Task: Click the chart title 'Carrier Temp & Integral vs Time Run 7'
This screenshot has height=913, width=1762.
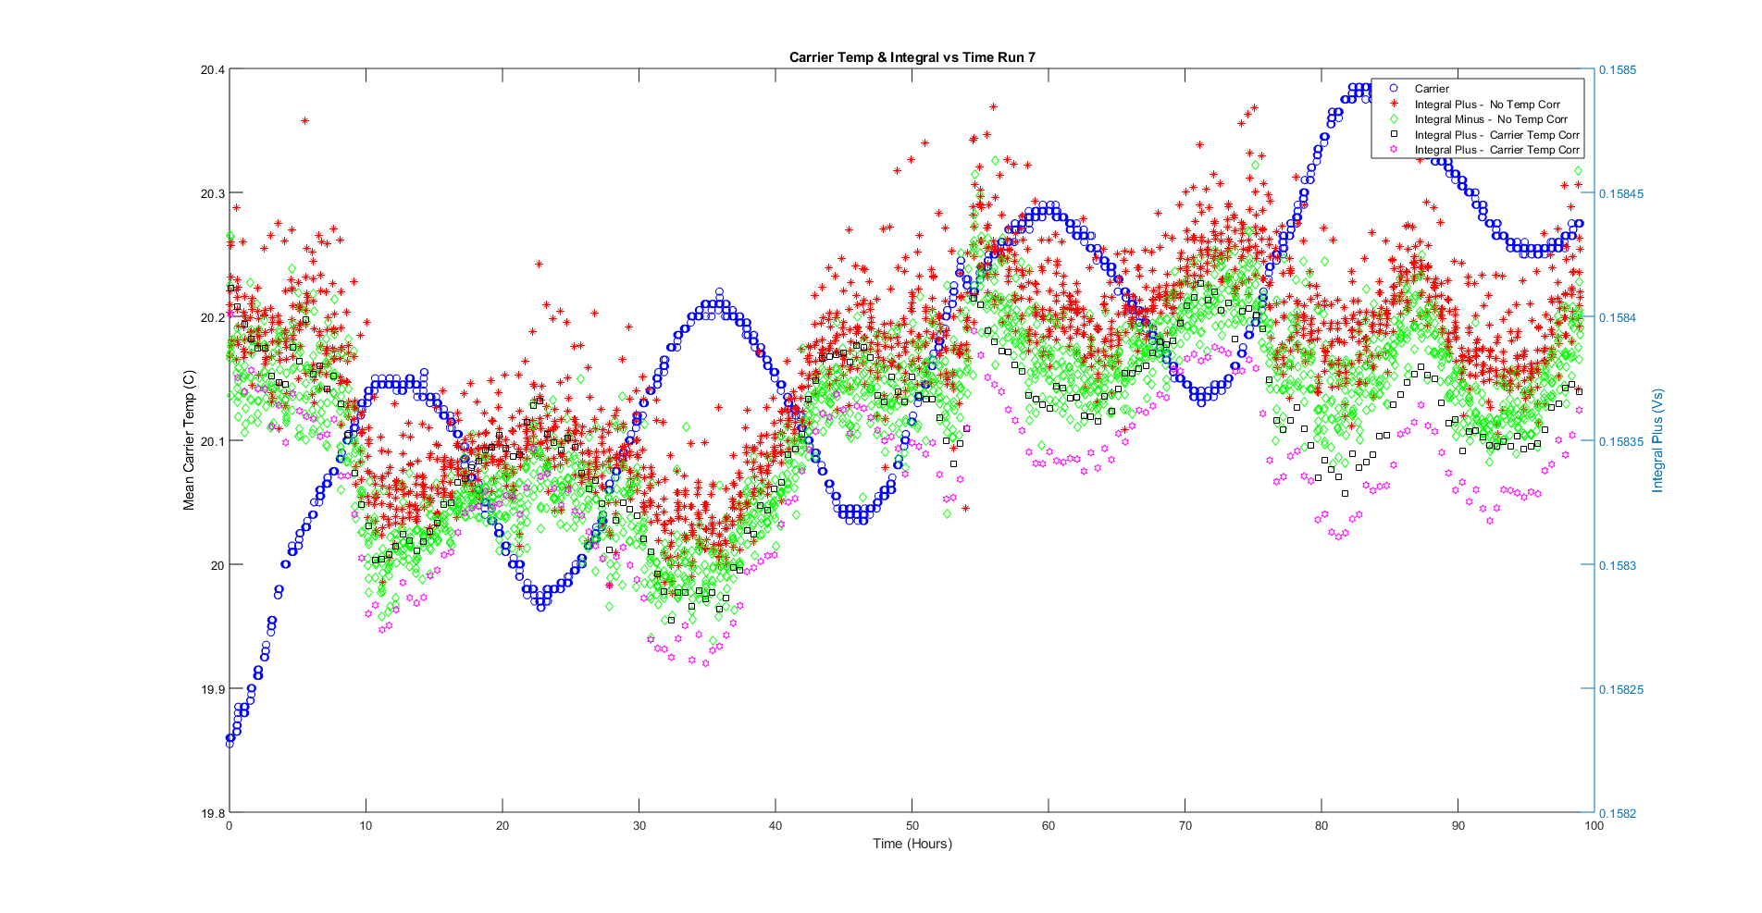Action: [912, 57]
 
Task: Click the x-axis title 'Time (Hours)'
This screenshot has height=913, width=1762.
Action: [912, 844]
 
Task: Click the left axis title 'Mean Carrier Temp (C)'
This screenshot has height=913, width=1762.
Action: [189, 441]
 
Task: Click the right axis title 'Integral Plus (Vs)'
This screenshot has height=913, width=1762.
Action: [1657, 441]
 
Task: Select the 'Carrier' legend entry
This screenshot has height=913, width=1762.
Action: [1432, 89]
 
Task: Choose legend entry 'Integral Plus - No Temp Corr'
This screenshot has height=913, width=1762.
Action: [1486, 105]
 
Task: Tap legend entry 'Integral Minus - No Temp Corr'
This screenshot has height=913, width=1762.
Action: [1490, 119]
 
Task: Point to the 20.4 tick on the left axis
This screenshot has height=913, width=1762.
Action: [212, 70]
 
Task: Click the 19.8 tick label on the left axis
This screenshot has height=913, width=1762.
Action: [212, 813]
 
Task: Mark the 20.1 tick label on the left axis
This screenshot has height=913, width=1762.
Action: [212, 441]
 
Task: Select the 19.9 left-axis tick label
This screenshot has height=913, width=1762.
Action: [212, 689]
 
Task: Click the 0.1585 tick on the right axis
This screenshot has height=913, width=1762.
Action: [1618, 70]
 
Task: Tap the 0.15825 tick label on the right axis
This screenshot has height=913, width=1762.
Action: [1620, 689]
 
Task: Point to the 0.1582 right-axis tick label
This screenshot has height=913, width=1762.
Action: [1618, 813]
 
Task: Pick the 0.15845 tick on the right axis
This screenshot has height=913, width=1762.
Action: [1620, 194]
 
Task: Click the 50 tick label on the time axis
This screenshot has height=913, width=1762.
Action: [912, 826]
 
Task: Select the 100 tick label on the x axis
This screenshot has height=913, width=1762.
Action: [1594, 826]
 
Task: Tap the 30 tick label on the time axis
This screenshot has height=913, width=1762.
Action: [639, 826]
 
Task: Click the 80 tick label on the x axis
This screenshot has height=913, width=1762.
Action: [1321, 826]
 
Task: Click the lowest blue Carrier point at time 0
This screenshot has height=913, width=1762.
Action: [230, 743]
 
